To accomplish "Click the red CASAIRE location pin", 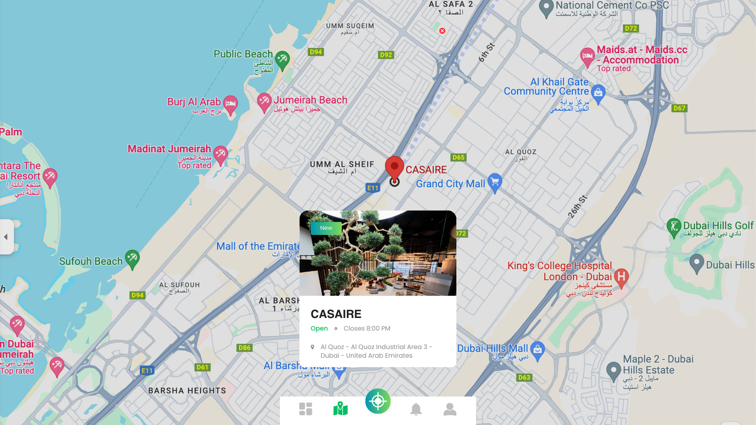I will click(394, 167).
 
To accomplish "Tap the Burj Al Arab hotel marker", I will click(230, 104).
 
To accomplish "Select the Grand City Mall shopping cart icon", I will click(495, 182).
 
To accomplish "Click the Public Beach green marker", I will click(282, 60).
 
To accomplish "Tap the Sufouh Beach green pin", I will click(132, 259).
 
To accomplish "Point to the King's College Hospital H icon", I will click(621, 277).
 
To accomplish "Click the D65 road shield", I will click(458, 157).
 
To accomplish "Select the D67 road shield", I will click(679, 108).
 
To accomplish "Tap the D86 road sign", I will click(244, 348).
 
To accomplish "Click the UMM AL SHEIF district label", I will click(342, 164).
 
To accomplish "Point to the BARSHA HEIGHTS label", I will click(187, 391).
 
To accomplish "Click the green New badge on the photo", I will click(326, 228).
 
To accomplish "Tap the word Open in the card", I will click(319, 329).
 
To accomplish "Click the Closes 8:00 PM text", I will click(367, 329).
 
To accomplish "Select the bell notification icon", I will click(416, 409).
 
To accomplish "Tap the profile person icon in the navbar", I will click(450, 409).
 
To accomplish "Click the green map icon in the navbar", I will click(341, 409).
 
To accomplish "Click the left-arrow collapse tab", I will click(6, 237).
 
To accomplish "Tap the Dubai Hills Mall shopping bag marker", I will click(537, 350).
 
